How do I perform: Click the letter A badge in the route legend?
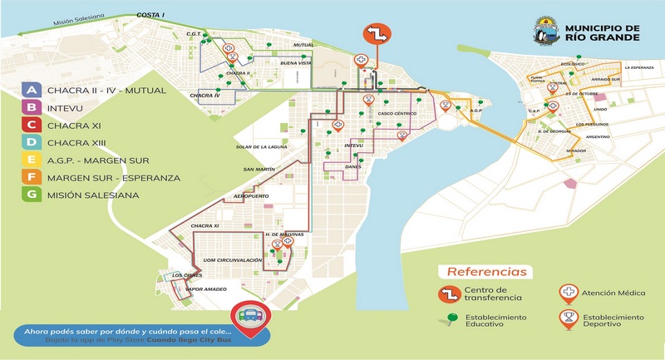31,90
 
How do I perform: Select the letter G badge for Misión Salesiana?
31,195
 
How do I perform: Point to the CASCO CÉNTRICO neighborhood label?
396,114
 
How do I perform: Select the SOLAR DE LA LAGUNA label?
261,147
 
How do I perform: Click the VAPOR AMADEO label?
206,288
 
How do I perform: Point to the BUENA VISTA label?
295,64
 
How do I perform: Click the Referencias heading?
486,272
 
